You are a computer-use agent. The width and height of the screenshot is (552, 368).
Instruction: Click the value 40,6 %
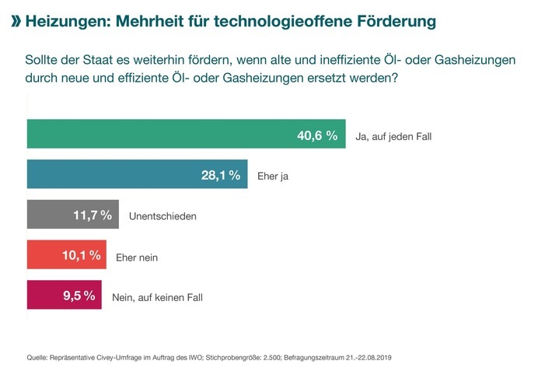click(x=317, y=135)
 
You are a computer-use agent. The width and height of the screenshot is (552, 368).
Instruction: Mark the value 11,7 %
click(x=93, y=216)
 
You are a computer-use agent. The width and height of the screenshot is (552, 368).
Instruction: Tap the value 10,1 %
click(x=82, y=255)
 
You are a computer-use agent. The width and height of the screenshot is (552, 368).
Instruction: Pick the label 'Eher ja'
click(x=273, y=177)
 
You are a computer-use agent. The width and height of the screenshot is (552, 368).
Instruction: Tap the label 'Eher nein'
click(x=137, y=256)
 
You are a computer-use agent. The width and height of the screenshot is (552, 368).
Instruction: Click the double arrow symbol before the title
click(x=15, y=20)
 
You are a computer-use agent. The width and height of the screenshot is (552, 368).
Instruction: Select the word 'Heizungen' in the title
click(x=67, y=20)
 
